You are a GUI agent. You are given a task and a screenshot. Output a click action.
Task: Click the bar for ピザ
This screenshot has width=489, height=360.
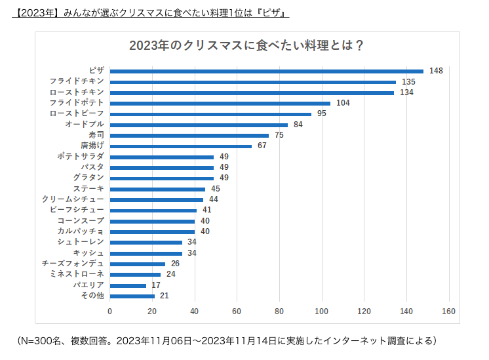(x=267, y=71)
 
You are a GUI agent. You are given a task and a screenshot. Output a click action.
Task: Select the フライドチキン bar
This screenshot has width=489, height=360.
(x=253, y=82)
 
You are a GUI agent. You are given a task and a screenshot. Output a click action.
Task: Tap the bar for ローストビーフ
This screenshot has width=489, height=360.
(x=210, y=113)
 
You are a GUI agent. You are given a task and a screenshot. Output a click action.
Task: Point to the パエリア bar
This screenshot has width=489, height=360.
(x=128, y=285)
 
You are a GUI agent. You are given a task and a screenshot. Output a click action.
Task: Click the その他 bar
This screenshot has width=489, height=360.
(x=132, y=296)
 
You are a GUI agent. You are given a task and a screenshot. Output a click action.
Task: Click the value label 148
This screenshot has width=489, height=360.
(x=437, y=71)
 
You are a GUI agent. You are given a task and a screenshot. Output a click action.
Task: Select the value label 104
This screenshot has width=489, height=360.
(x=343, y=103)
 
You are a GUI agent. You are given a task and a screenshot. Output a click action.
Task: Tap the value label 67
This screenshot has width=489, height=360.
(x=262, y=146)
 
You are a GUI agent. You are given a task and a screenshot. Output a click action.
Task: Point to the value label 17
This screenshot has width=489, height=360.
(x=157, y=285)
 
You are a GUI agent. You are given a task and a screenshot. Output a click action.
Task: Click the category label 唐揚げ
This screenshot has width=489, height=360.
(x=92, y=146)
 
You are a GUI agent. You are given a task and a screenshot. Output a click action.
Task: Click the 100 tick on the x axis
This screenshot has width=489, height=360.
(x=322, y=311)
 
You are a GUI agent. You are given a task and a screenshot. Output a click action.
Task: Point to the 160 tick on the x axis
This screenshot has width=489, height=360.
(x=449, y=311)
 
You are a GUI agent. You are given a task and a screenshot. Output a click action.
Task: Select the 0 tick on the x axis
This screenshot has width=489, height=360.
(x=109, y=311)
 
